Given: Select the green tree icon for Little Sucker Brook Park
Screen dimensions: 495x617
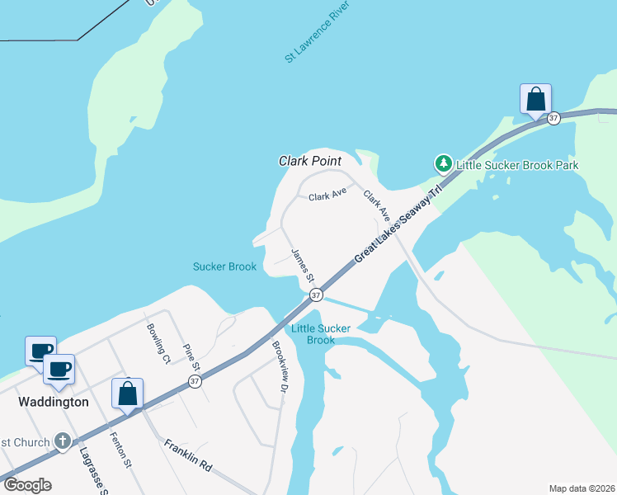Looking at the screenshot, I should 444,165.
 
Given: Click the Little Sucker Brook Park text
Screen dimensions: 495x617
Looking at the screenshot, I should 518,165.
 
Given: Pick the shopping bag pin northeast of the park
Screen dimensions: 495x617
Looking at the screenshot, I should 536,100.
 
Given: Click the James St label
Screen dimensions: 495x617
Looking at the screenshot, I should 302,262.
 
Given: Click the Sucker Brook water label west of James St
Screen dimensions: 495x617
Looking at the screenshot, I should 224,266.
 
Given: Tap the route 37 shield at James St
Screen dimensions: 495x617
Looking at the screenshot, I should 315,295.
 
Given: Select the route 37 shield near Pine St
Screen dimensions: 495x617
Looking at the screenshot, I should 195,381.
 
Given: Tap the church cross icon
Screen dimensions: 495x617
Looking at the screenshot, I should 63,442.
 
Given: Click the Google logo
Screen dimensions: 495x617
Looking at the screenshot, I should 27,485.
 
